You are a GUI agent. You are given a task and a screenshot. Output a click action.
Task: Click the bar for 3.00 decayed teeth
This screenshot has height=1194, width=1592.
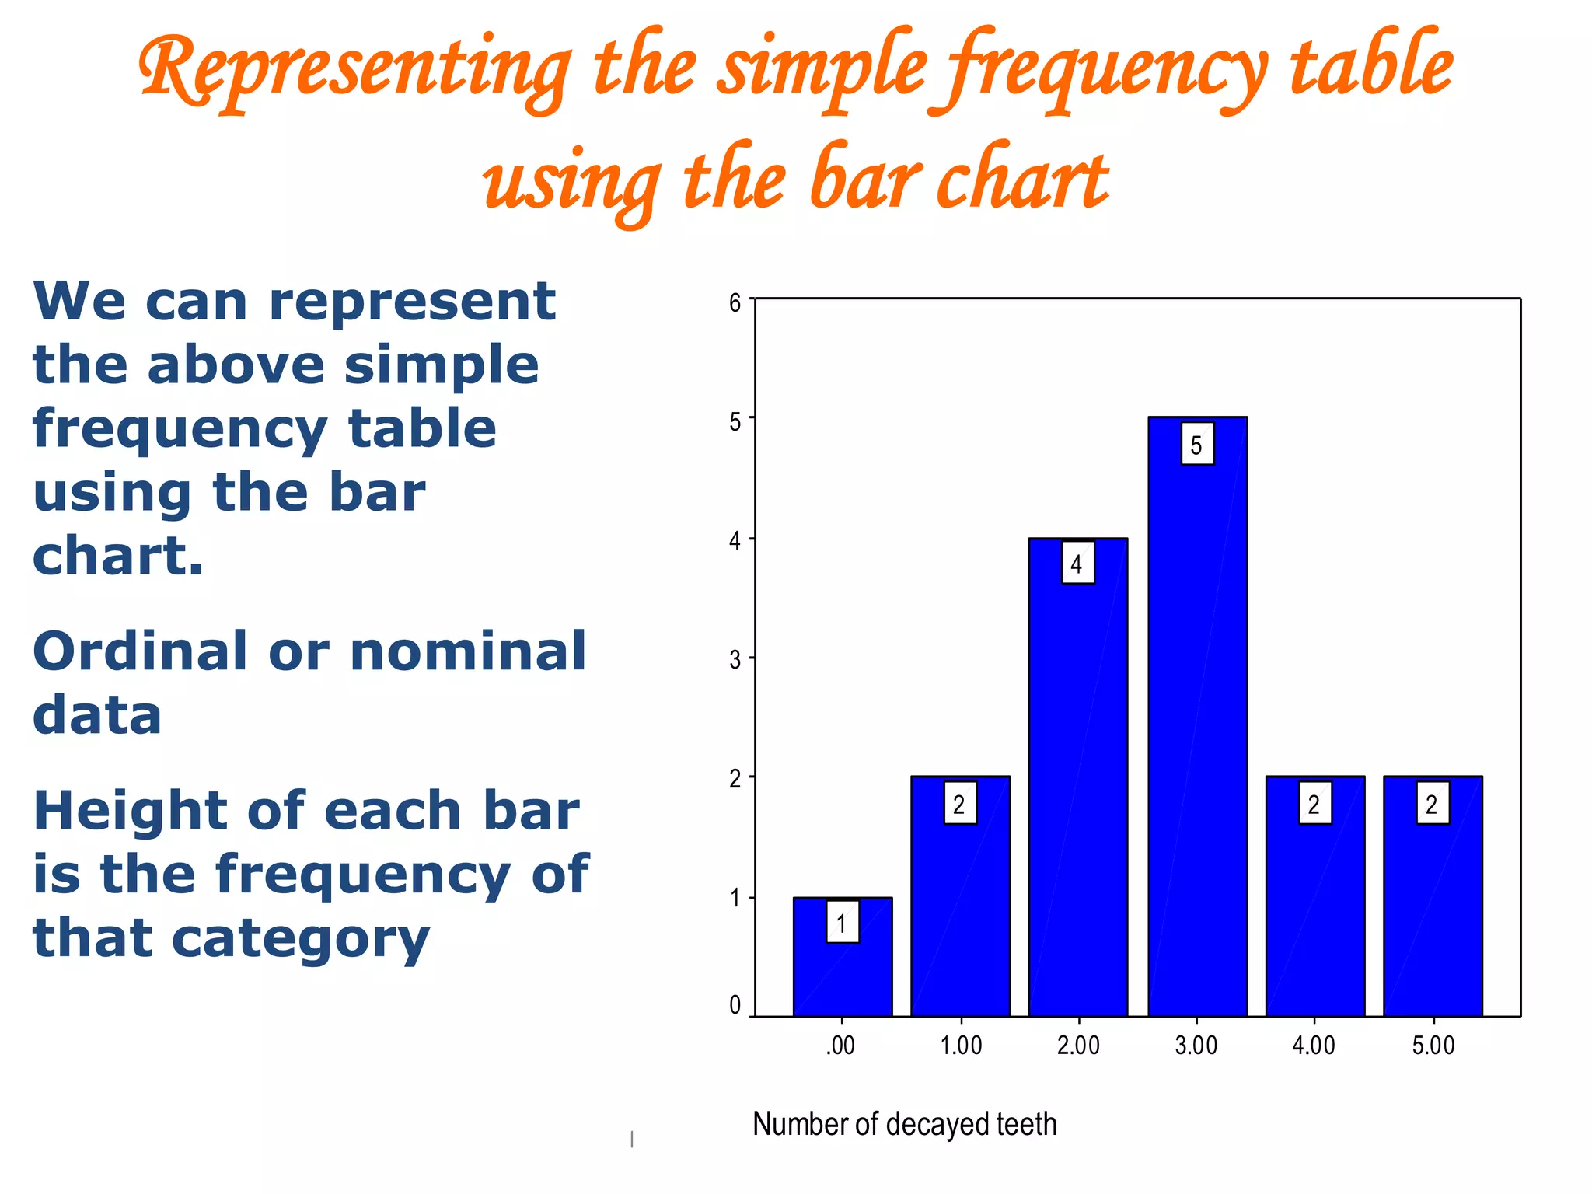(1197, 738)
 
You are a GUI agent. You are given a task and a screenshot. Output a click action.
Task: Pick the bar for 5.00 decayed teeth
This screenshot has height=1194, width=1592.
(1433, 917)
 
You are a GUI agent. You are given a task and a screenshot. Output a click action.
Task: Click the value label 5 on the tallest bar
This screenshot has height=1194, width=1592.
(1197, 445)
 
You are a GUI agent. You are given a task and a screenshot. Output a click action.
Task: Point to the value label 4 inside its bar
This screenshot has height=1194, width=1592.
(1077, 564)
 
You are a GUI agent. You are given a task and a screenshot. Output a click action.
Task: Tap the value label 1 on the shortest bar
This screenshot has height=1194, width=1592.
(842, 923)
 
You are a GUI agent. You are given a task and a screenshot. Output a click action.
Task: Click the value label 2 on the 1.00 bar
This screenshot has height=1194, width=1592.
(960, 804)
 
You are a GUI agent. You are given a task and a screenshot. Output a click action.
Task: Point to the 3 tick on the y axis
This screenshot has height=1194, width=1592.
(735, 660)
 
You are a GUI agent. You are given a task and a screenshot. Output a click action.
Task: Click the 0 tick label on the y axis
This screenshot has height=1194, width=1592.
(735, 1005)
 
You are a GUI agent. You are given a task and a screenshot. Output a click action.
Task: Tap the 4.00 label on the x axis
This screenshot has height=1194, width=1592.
(1314, 1046)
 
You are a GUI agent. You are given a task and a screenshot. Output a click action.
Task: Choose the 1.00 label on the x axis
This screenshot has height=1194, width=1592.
(962, 1046)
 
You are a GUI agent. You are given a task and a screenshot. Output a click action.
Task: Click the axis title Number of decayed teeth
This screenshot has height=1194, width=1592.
(905, 1124)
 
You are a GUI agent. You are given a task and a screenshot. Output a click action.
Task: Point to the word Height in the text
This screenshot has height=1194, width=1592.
(130, 811)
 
